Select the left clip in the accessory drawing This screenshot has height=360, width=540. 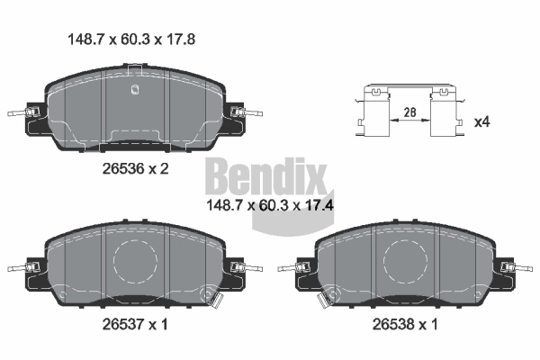coord(373,113)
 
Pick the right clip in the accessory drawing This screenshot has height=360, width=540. coord(445,113)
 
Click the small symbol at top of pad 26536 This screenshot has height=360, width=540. coord(134,88)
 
